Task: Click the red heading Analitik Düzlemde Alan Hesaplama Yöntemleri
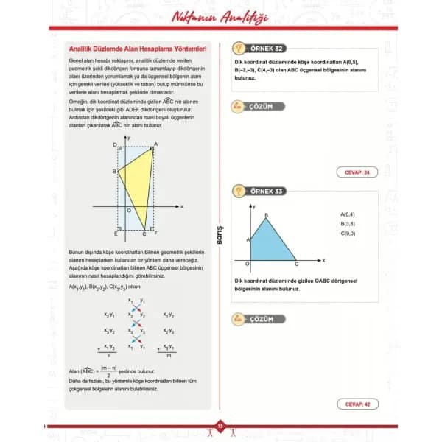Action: (x=133, y=49)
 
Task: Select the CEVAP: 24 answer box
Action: (x=357, y=172)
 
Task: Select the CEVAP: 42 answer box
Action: (x=357, y=403)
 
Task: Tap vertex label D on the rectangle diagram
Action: (x=115, y=146)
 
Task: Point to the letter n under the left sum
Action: (x=108, y=356)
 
